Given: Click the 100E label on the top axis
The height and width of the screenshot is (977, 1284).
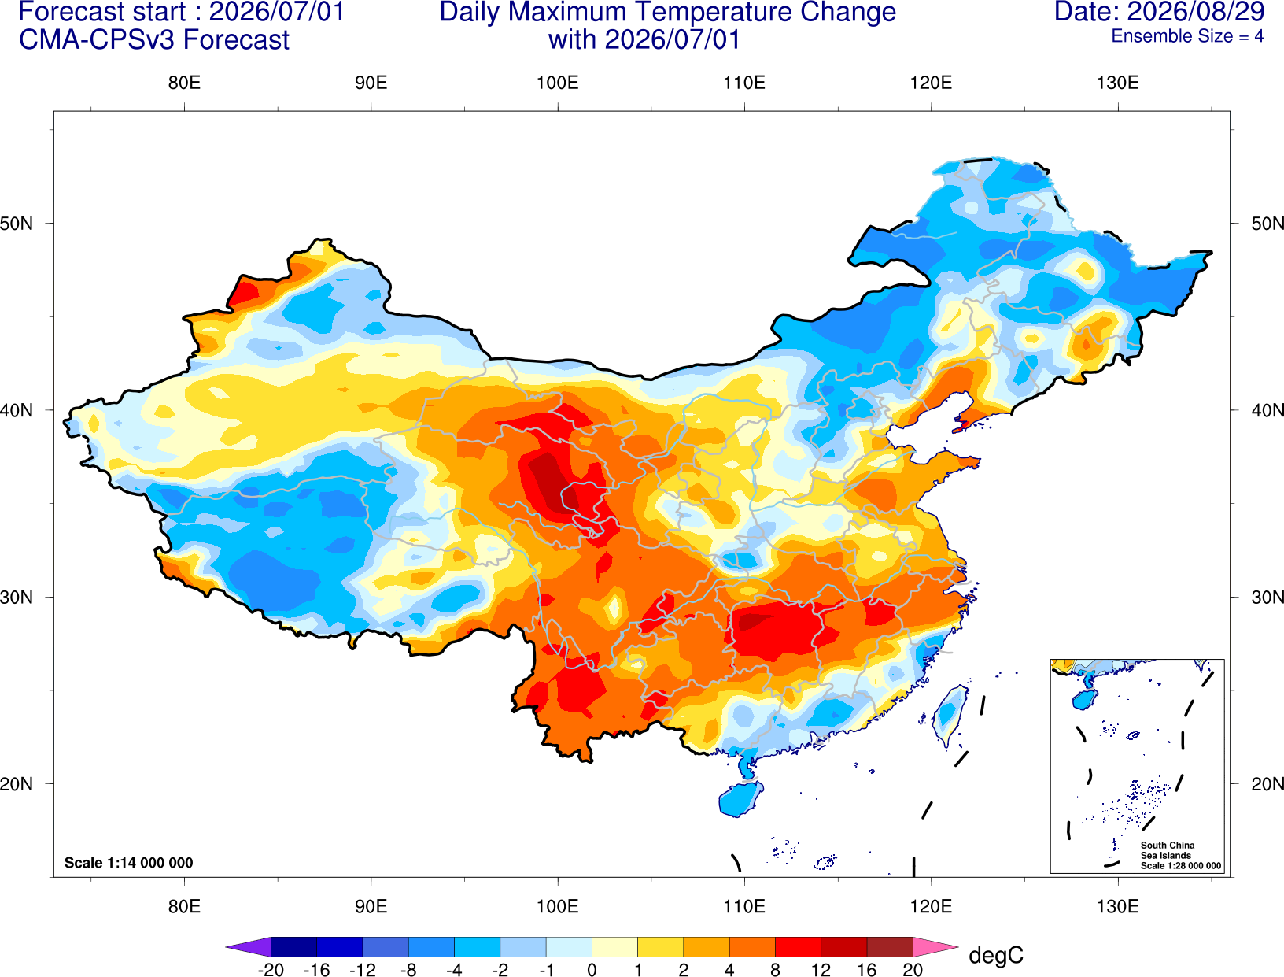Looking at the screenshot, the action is point(558,83).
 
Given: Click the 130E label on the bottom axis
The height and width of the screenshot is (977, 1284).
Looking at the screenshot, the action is point(1117,907).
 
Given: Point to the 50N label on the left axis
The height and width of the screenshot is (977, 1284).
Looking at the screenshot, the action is point(17,223).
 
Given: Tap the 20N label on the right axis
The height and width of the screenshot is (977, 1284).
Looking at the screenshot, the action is point(1267,784).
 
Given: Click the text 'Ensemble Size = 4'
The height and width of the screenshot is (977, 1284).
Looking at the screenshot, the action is point(1187,36).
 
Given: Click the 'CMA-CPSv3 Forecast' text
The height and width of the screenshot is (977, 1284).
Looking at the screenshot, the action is point(154,40).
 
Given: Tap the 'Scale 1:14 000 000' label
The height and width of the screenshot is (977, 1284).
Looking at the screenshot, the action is point(129,862).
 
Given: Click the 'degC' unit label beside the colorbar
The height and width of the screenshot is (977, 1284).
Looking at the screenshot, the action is point(996,955).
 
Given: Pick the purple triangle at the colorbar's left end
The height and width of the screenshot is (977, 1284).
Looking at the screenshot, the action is point(252,946).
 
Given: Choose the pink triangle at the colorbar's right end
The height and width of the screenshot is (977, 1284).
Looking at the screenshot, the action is point(934,946).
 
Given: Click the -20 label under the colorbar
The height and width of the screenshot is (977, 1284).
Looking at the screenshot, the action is point(271,970).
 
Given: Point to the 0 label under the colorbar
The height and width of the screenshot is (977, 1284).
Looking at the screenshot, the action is point(592,970).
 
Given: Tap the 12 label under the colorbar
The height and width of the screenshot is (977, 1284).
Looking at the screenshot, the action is point(821,970).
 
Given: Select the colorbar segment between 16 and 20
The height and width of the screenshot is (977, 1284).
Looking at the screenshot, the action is point(890,946).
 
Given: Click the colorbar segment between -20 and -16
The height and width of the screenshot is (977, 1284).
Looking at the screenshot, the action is point(293,946).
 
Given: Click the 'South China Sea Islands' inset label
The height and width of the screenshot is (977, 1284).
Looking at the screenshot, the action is point(1168,850).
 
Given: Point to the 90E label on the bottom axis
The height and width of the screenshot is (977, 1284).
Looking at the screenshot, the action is point(371,907).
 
